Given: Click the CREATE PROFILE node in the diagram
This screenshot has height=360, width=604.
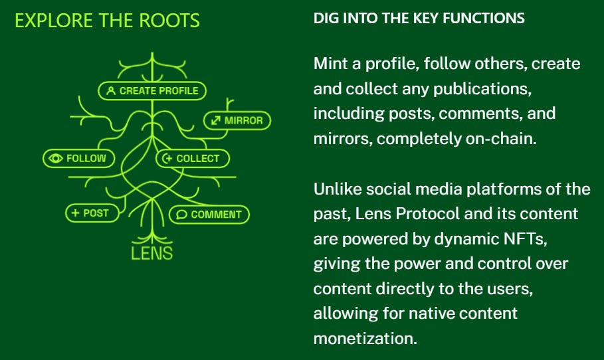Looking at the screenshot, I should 153,90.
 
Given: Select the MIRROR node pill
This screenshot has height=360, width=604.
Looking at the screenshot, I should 237,120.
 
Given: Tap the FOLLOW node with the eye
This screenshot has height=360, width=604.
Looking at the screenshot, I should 78,158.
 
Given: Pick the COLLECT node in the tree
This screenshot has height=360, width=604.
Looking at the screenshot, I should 192,158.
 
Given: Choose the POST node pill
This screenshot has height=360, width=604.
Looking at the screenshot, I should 92,213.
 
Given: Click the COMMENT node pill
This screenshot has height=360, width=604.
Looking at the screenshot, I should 209,215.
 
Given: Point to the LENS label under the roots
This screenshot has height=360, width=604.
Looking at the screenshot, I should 151,252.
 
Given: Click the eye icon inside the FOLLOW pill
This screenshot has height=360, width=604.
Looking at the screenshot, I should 56,158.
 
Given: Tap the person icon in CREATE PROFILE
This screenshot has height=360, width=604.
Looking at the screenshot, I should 110,90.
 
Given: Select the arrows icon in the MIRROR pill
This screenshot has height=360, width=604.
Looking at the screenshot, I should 215,120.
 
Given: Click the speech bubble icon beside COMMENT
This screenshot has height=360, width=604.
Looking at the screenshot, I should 181,215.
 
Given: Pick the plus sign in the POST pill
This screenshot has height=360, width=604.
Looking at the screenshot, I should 75,213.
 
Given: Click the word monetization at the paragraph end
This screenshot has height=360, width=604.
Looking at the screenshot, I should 365,337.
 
